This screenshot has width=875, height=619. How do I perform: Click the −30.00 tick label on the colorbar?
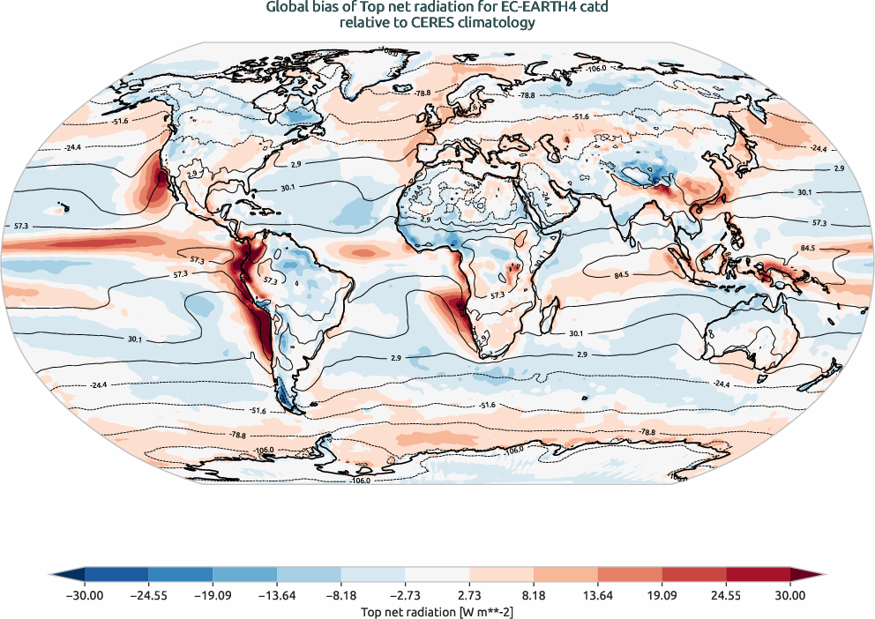(x=85, y=595)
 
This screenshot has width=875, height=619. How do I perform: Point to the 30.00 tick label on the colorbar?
(x=790, y=595)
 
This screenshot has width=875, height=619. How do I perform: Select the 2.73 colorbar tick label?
(x=469, y=595)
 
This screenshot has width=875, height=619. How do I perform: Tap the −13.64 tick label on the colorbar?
(x=277, y=595)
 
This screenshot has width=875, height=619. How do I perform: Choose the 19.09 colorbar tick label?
(x=662, y=595)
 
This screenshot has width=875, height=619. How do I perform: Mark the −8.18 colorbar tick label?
(x=341, y=595)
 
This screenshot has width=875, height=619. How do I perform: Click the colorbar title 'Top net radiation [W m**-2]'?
(x=437, y=610)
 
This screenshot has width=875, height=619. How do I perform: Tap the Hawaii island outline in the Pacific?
(x=63, y=209)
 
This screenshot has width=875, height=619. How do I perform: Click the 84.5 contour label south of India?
(x=621, y=275)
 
